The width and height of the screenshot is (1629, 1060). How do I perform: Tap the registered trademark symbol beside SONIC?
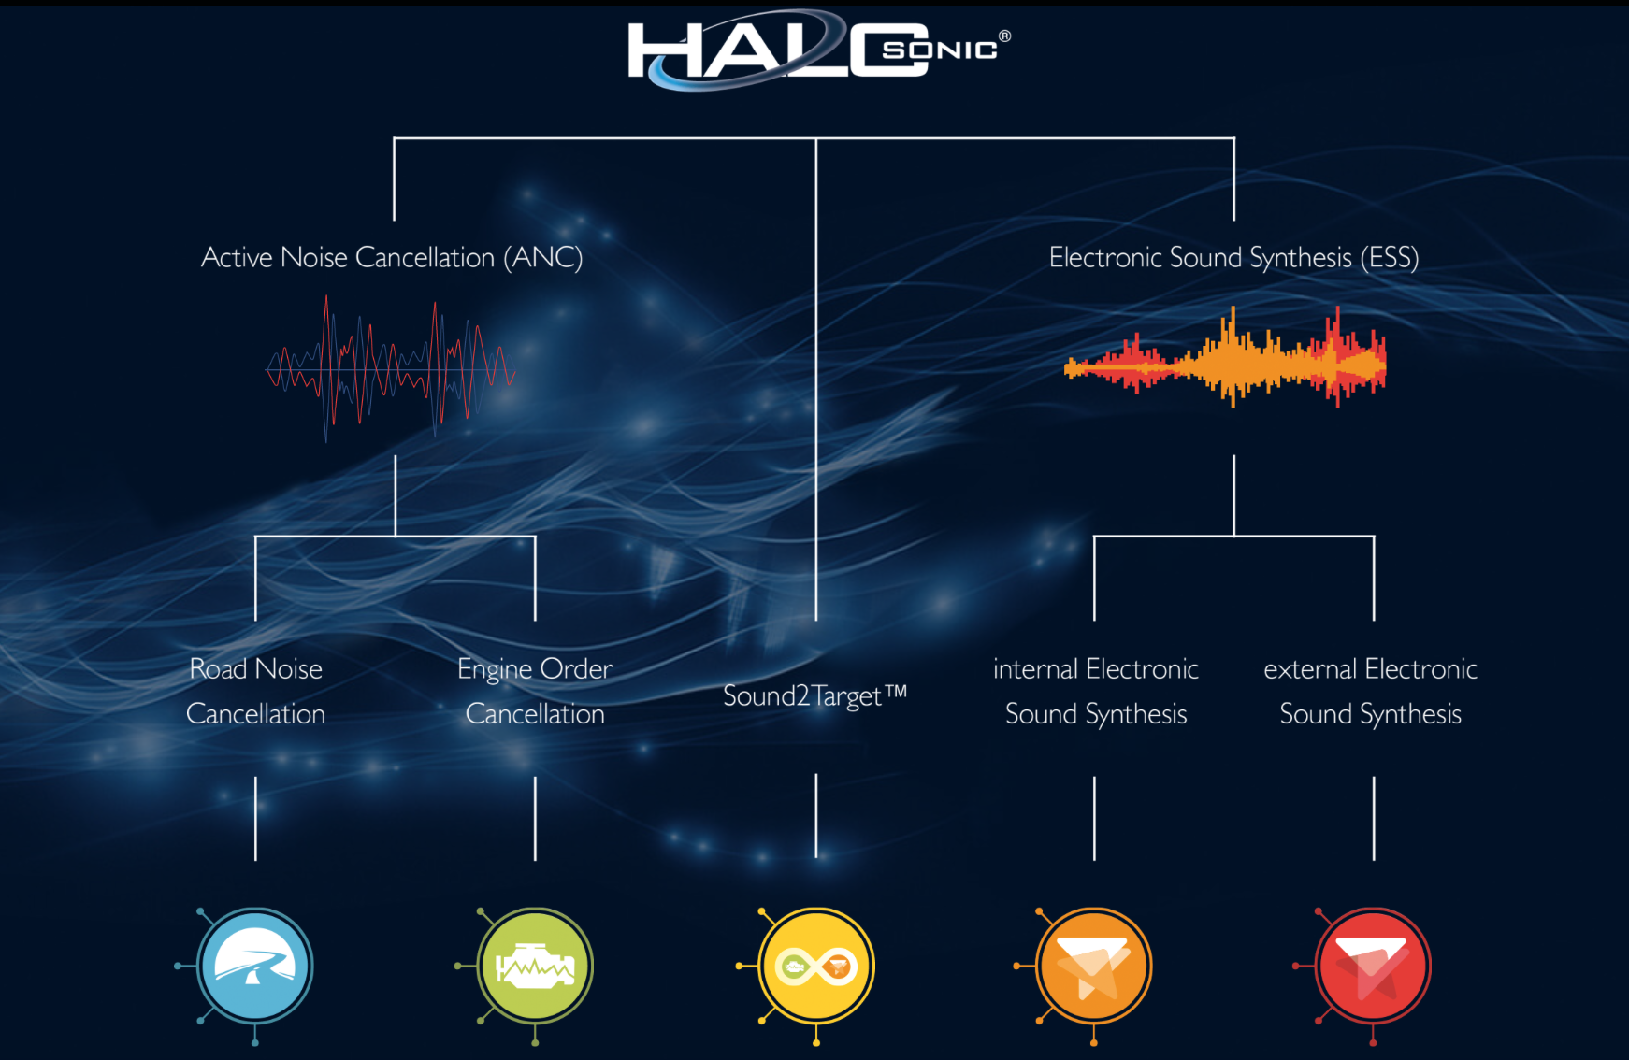pyautogui.click(x=1004, y=36)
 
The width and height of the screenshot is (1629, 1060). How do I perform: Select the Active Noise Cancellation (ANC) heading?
pyautogui.click(x=392, y=257)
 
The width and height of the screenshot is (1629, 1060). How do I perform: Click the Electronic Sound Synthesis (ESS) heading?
pyautogui.click(x=1233, y=257)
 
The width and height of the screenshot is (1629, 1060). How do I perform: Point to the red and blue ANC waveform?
pyautogui.click(x=391, y=369)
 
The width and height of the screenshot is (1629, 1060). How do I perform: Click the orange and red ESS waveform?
pyautogui.click(x=1225, y=359)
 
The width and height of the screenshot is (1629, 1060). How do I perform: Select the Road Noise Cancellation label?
pyautogui.click(x=255, y=691)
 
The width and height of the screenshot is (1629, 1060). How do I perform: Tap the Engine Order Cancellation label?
pyautogui.click(x=535, y=691)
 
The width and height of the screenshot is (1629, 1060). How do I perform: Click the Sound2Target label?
pyautogui.click(x=814, y=695)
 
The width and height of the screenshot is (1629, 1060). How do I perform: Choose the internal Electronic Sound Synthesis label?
pyautogui.click(x=1095, y=691)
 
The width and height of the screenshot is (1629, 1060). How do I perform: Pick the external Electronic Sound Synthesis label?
pyautogui.click(x=1370, y=691)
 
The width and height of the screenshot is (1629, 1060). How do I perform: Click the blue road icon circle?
pyautogui.click(x=254, y=966)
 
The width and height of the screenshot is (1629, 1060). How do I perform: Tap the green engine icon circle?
pyautogui.click(x=535, y=966)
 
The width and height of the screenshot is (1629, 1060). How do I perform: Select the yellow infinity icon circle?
pyautogui.click(x=816, y=966)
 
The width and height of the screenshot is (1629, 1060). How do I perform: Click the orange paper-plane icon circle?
pyautogui.click(x=1093, y=966)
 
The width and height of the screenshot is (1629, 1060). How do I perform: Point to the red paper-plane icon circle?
pyautogui.click(x=1372, y=966)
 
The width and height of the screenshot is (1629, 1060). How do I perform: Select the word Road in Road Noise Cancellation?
pyautogui.click(x=218, y=669)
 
